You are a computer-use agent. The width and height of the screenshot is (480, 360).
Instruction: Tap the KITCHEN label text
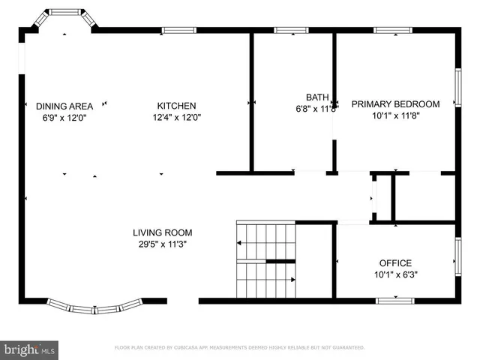[x=176, y=106]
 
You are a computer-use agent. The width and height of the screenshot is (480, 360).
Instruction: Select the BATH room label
[x=316, y=97]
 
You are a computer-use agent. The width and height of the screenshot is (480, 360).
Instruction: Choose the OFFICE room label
[x=394, y=263]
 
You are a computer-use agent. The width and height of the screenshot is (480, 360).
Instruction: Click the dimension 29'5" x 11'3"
[x=163, y=244]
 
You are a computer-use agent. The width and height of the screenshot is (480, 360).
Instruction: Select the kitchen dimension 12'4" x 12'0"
[x=176, y=117]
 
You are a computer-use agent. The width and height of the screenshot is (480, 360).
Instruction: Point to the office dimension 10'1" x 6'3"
[x=394, y=274]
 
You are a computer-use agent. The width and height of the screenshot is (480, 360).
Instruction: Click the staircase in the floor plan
[x=266, y=260]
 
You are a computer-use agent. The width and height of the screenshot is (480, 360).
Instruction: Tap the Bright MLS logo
[x=30, y=349]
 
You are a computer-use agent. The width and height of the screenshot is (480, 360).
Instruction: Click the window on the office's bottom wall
[x=394, y=301]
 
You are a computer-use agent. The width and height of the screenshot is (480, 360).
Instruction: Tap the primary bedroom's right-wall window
[x=457, y=88]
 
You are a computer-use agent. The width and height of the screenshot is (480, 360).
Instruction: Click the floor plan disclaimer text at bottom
[x=239, y=348]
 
